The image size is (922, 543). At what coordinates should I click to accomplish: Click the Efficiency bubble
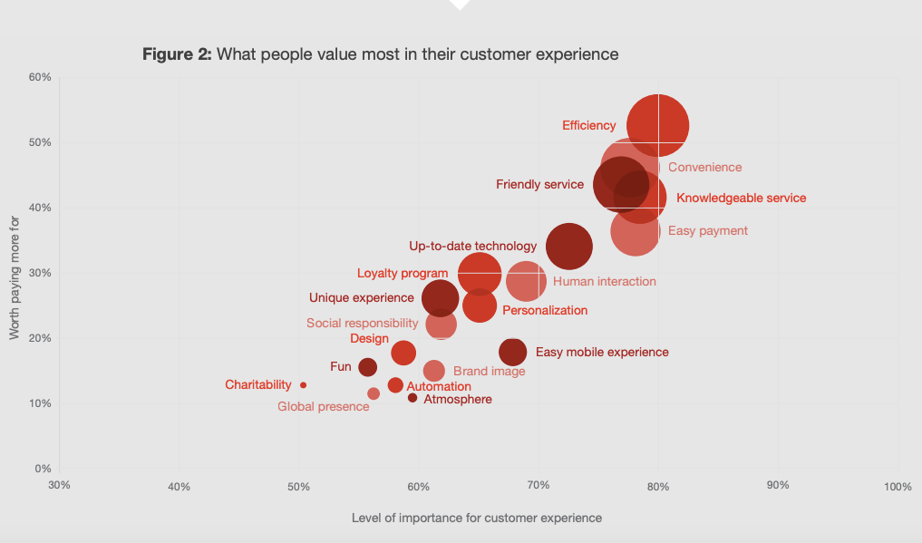coord(658,125)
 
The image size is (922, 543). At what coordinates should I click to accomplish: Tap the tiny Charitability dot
coord(303,385)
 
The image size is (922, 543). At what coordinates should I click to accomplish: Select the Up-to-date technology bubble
coord(569,246)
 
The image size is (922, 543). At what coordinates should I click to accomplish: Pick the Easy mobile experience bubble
coord(513,352)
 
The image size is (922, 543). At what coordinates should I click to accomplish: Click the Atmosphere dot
coord(412,398)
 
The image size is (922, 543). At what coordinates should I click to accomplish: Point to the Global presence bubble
coord(374,393)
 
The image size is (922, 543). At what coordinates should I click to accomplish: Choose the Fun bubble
coord(367,367)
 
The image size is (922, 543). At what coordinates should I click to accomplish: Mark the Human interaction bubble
coord(526,281)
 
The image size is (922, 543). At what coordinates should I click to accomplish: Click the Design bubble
coord(403,353)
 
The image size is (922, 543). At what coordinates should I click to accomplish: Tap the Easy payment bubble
coord(635,232)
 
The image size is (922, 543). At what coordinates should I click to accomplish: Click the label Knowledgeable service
coord(741,198)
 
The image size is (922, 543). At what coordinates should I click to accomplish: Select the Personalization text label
coord(545,310)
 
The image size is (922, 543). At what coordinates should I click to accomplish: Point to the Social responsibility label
coord(362,323)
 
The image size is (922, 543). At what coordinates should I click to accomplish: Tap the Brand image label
coord(489,371)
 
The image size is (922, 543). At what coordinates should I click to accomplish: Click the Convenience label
coord(704,167)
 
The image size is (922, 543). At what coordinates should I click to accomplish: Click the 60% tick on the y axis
coord(39,77)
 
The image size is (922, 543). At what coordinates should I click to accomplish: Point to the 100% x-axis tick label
coord(897,487)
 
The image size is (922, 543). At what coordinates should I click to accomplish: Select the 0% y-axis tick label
coord(43,469)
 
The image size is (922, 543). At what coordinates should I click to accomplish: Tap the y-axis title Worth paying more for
coord(15,278)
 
